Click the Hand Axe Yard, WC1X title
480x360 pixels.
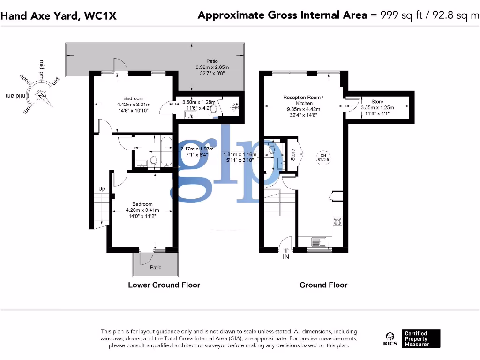click(x=59, y=15)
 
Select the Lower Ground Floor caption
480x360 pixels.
click(x=164, y=285)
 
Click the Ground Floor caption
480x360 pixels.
click(x=323, y=285)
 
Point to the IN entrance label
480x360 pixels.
click(x=286, y=257)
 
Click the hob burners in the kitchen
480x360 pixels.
click(x=337, y=221)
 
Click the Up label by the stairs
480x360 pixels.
click(x=102, y=189)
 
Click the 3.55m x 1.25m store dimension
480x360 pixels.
click(x=377, y=110)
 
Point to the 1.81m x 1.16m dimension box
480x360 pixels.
click(x=240, y=157)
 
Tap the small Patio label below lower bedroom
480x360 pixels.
click(x=156, y=267)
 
